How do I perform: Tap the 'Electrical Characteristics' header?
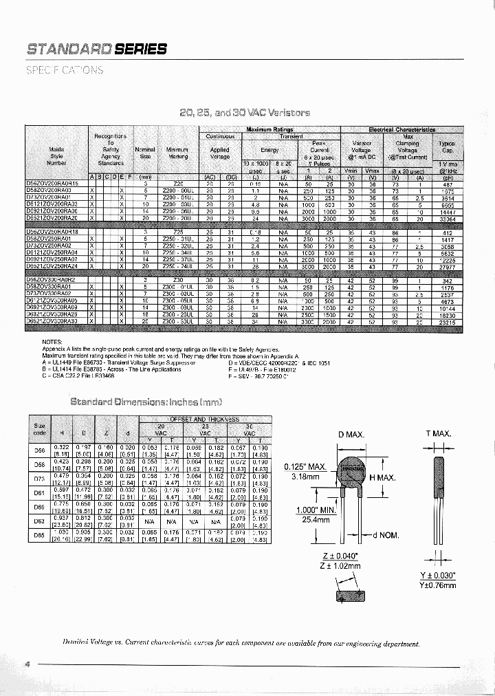pyautogui.click(x=401, y=129)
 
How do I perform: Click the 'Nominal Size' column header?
pyautogui.click(x=145, y=152)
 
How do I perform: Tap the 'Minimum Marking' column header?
pyautogui.click(x=177, y=152)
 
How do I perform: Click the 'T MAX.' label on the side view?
pyautogui.click(x=437, y=434)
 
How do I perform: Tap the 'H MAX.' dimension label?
pyautogui.click(x=383, y=478)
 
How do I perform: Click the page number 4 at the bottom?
pyautogui.click(x=27, y=664)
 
